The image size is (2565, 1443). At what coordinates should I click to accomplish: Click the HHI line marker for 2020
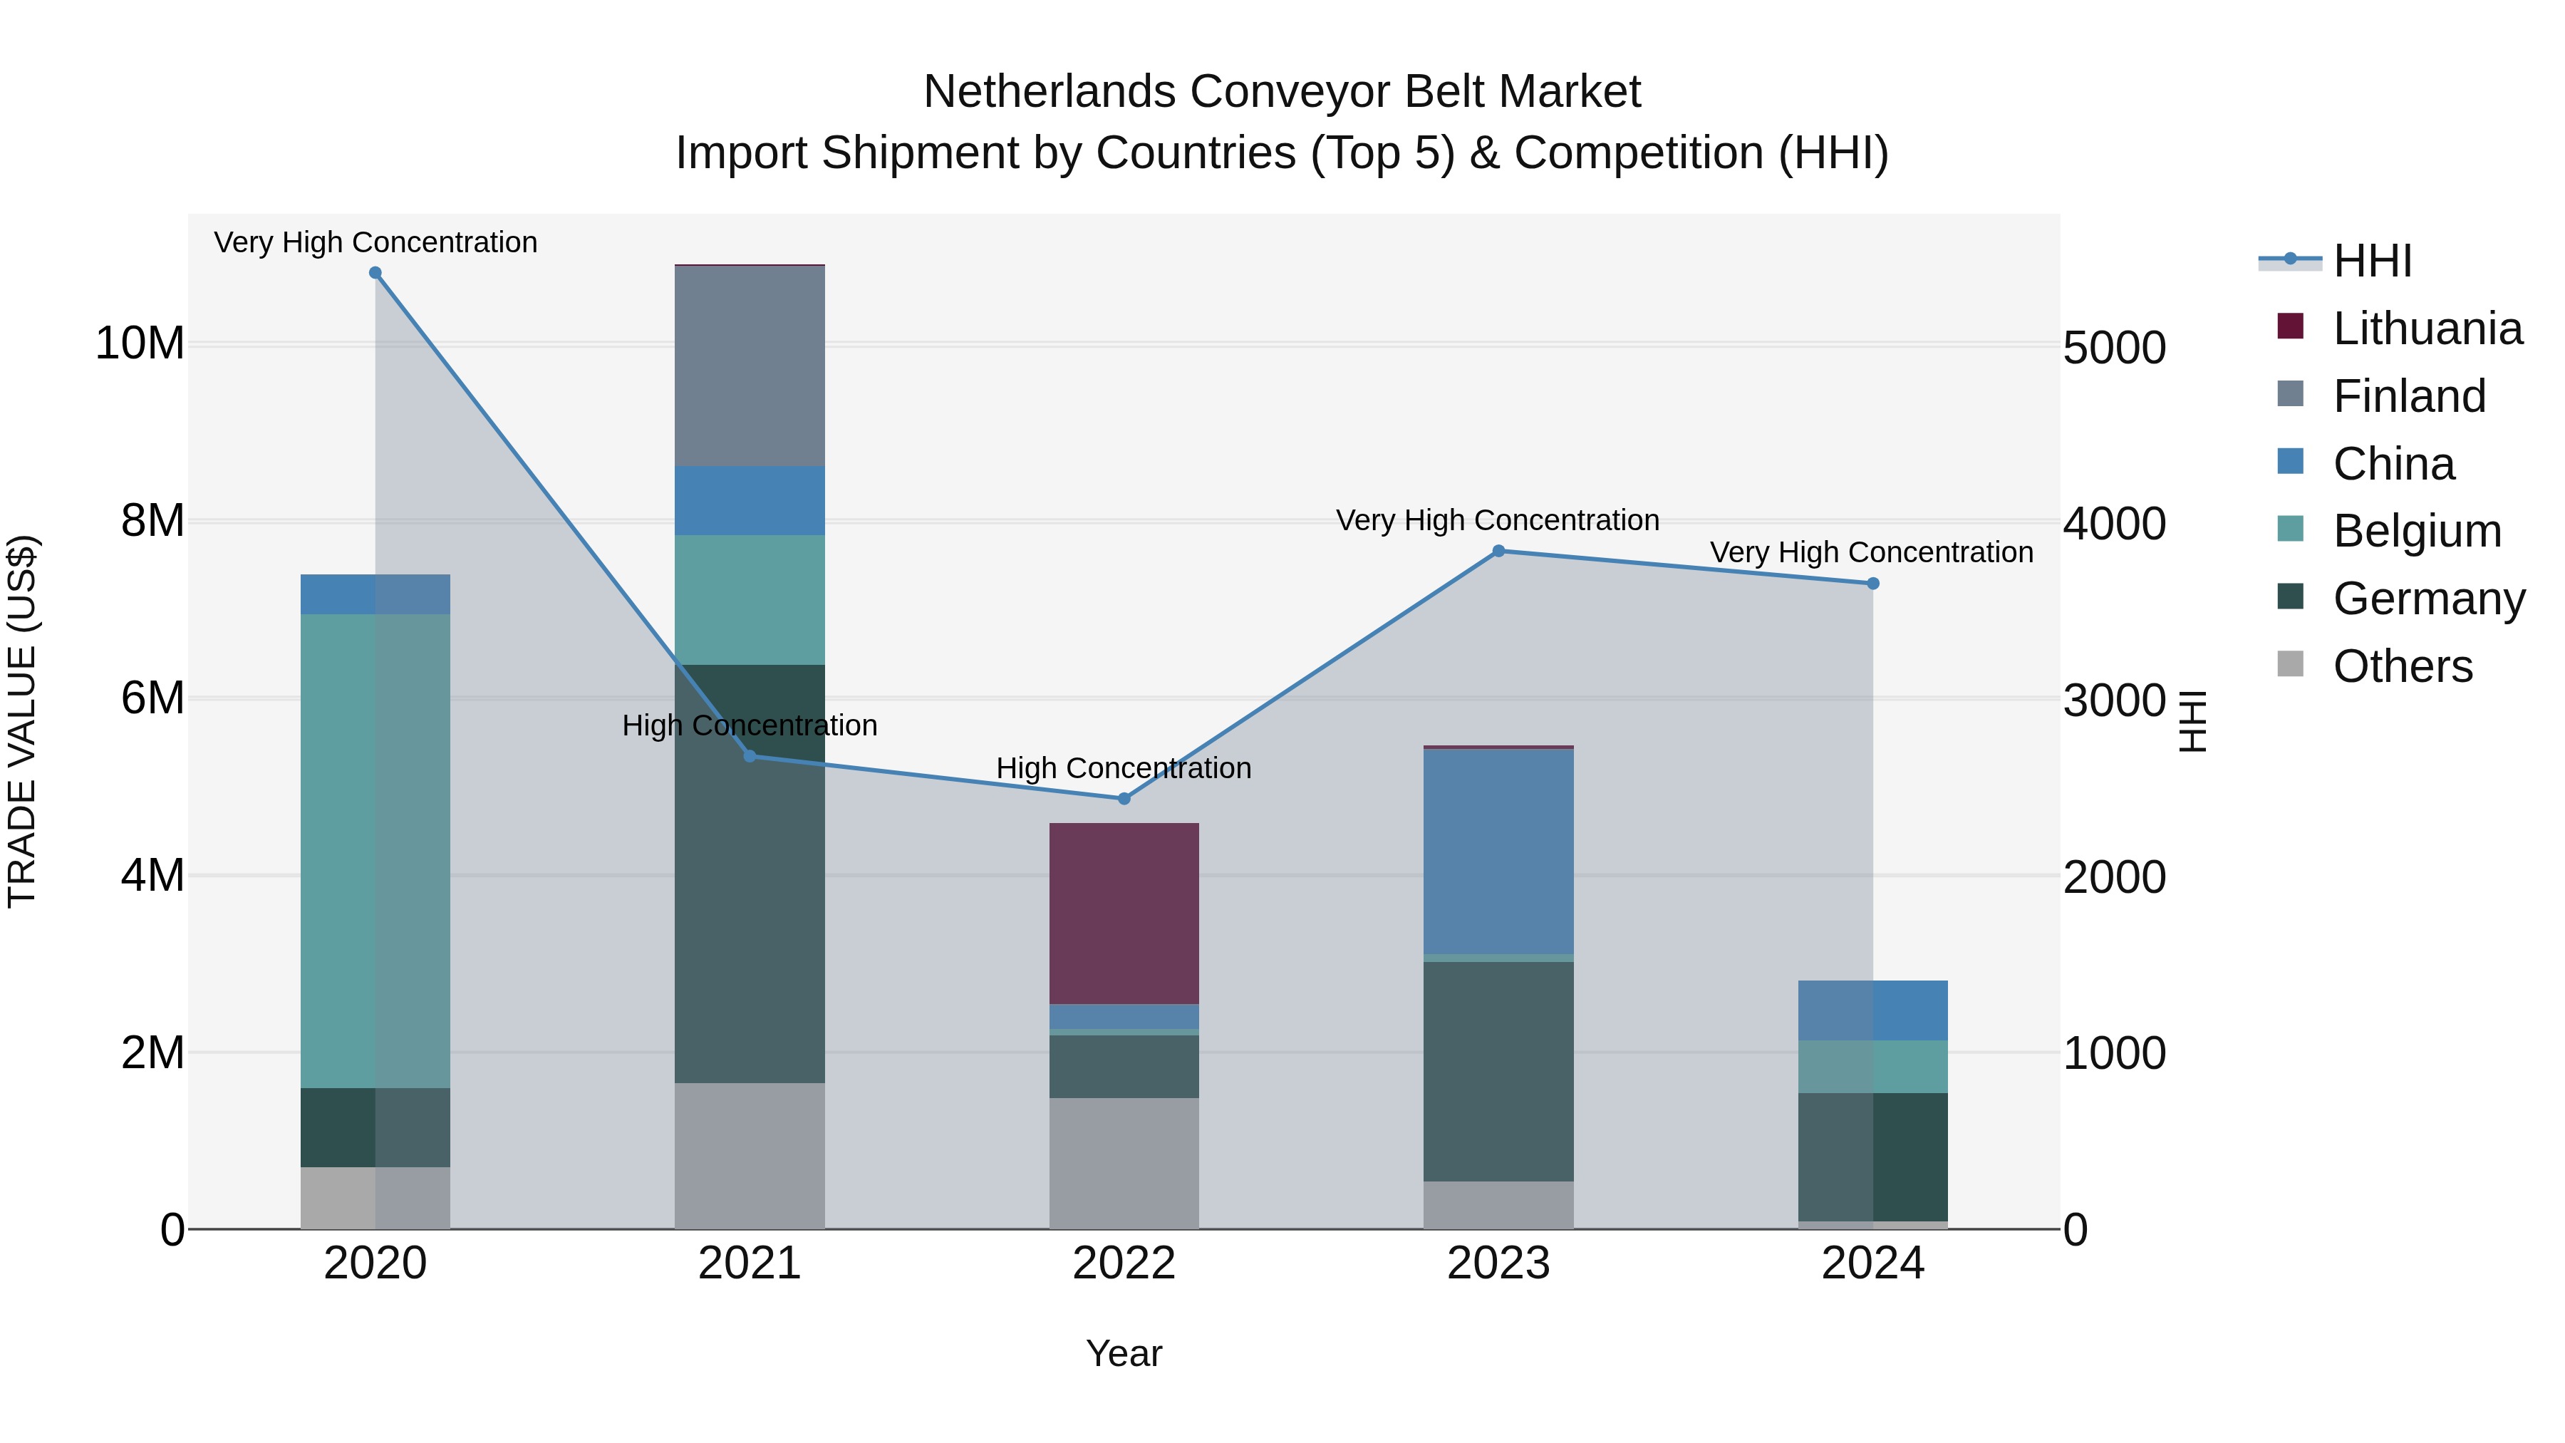click(x=375, y=273)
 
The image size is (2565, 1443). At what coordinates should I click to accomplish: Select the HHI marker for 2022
click(x=1124, y=799)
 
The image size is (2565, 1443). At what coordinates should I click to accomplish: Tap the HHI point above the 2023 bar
click(x=1498, y=551)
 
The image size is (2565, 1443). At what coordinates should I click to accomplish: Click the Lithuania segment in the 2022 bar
click(x=1124, y=914)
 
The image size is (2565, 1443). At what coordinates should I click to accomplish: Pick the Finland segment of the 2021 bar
click(x=750, y=366)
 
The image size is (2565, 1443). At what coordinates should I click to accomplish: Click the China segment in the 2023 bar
click(x=1498, y=852)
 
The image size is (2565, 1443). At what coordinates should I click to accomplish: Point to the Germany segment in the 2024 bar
click(x=1873, y=1157)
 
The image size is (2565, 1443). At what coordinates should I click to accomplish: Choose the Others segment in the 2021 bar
click(x=750, y=1155)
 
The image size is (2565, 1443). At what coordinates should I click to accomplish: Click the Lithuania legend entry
click(x=2427, y=329)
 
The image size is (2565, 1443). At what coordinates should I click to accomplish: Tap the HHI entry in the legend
click(x=2372, y=261)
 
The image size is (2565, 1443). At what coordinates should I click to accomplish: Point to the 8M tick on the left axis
click(x=152, y=521)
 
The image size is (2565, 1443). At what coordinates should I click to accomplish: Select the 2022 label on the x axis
click(x=1124, y=1263)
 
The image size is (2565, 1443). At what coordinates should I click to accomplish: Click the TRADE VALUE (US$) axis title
click(x=22, y=721)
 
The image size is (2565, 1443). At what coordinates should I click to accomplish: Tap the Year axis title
click(x=1124, y=1353)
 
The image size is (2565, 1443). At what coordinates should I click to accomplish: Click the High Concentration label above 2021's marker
click(x=750, y=725)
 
